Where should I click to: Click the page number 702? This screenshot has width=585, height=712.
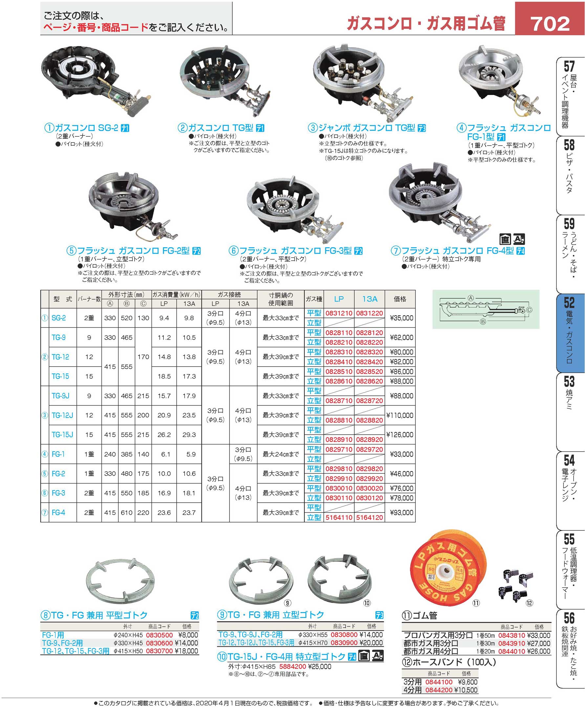(550, 24)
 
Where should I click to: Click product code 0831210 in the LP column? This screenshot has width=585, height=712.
(339, 313)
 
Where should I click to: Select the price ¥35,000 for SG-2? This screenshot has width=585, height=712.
(401, 318)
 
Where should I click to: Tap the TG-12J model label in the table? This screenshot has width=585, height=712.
(62, 415)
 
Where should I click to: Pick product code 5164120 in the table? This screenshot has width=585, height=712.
(369, 517)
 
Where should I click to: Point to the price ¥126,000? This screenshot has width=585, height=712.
(400, 435)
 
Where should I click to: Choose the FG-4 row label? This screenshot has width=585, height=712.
(58, 512)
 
